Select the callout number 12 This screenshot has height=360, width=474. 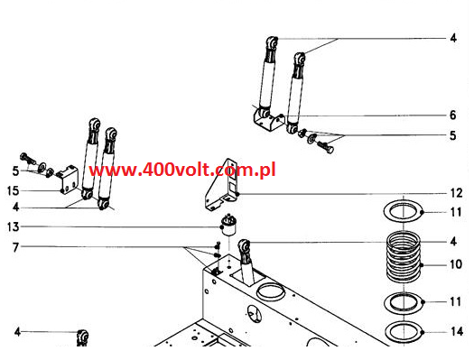tap(457, 192)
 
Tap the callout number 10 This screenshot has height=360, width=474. tap(457, 265)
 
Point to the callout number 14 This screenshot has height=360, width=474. tap(457, 332)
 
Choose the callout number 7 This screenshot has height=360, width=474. tap(14, 246)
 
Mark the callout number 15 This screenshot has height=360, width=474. tap(14, 189)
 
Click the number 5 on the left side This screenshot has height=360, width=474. tap(14, 170)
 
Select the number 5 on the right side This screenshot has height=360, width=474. tap(454, 136)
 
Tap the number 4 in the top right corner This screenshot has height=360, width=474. tap(454, 39)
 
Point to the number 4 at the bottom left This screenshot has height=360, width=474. tap(14, 332)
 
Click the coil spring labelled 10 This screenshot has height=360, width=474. tap(404, 259)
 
